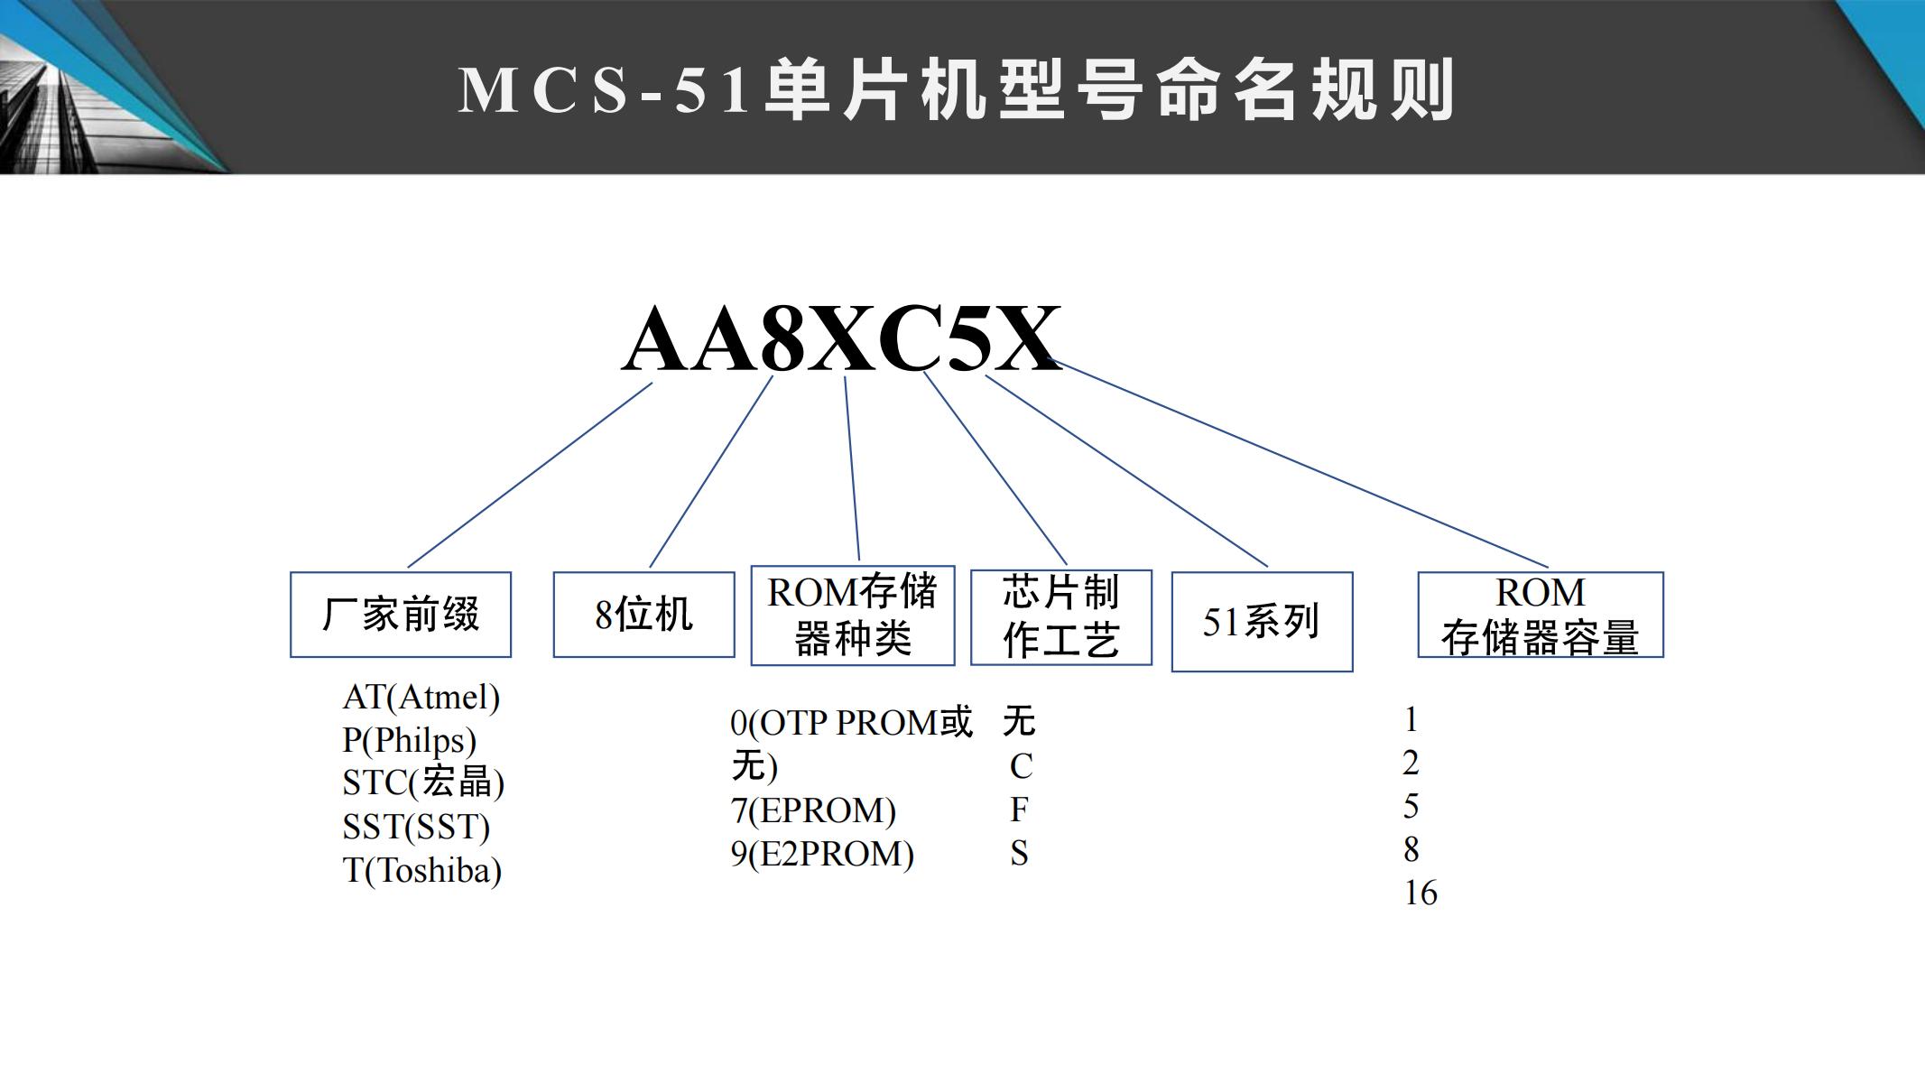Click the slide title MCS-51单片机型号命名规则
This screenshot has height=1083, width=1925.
pos(957,90)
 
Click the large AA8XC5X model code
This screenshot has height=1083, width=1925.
pos(841,339)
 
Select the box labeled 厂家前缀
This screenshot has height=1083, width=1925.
pos(401,615)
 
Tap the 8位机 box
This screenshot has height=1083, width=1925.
pos(643,615)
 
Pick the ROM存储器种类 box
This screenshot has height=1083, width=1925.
pos(853,616)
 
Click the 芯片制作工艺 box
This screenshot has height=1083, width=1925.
pos(1061,617)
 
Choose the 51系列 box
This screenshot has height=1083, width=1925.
pos(1262,622)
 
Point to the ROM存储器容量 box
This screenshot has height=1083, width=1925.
pos(1541,615)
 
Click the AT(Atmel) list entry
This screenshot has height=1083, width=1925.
pos(421,697)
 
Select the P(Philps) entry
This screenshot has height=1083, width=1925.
pos(410,740)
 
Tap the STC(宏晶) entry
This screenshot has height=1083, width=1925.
pos(423,782)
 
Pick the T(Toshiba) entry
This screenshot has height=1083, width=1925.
pos(422,870)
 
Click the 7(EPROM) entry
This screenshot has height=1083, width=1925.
pos(813,810)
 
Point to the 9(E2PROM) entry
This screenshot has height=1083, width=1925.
pos(822,854)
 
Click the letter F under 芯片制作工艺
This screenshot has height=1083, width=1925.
pos(1019,810)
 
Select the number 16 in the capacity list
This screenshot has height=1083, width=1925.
pos(1421,893)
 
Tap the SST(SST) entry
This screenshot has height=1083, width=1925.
pos(416,827)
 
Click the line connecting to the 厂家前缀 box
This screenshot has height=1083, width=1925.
pos(531,475)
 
